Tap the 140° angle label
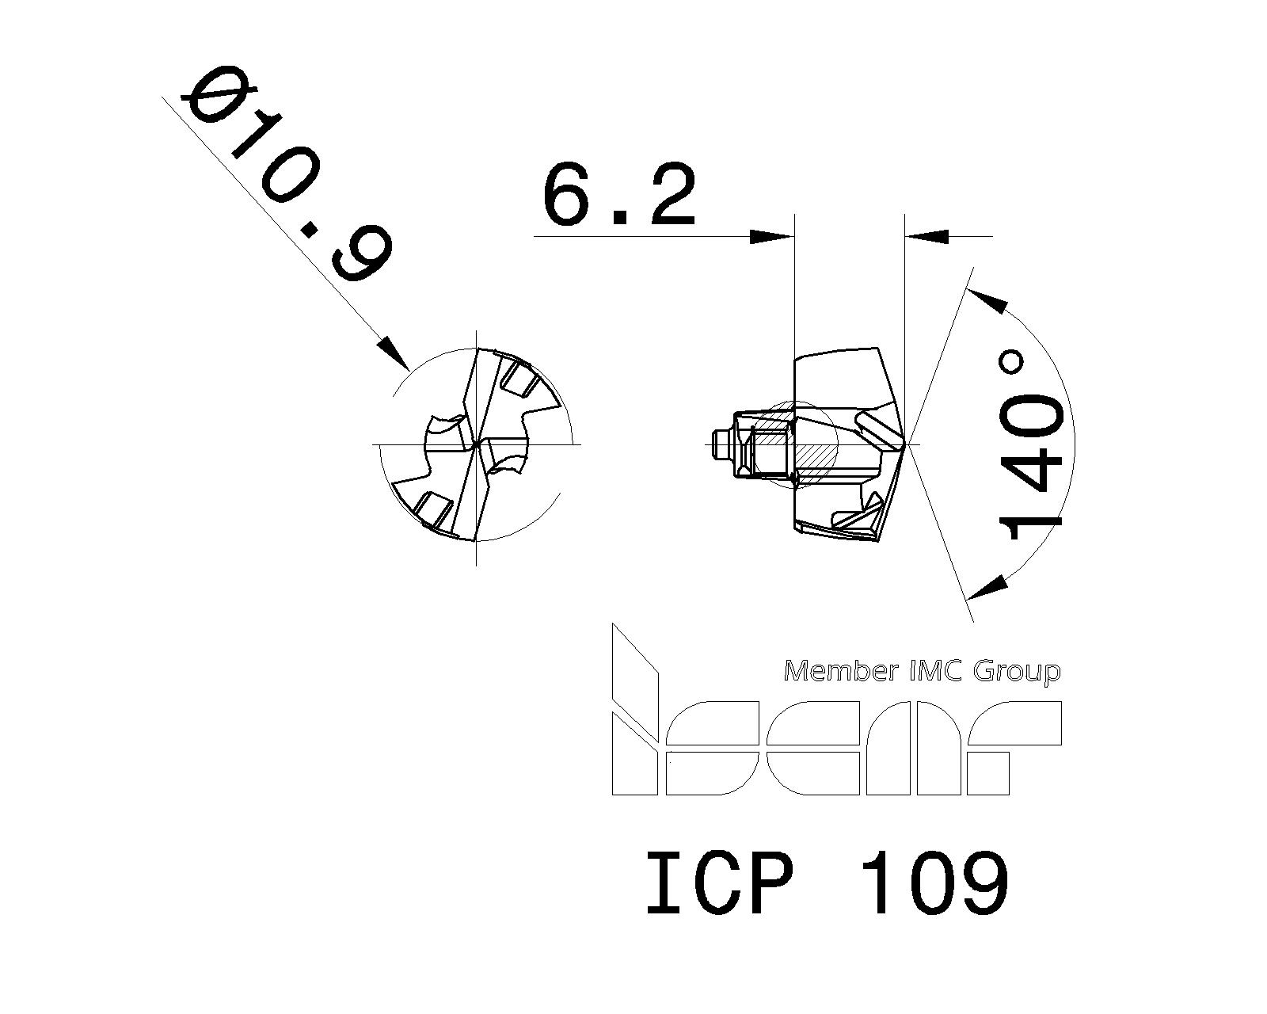tap(1030, 444)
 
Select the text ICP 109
tap(827, 883)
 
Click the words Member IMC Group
tap(921, 672)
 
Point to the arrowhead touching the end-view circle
tap(394, 353)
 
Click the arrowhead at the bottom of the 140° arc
tap(989, 587)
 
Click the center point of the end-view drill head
tap(476, 445)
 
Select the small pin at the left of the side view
tap(720, 444)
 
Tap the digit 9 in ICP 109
tap(981, 883)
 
